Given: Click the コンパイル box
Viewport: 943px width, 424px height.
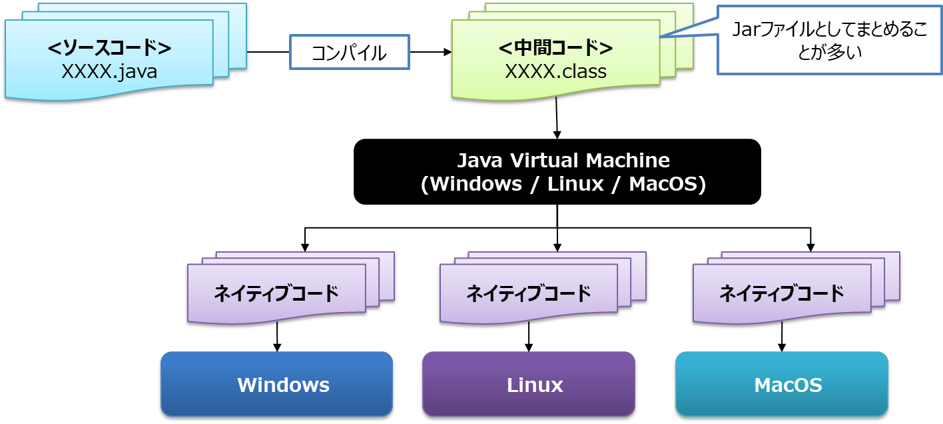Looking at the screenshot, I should (x=349, y=53).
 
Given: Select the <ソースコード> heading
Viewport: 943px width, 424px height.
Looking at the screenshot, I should (x=110, y=48).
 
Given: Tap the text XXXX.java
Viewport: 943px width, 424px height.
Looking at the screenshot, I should (x=109, y=71).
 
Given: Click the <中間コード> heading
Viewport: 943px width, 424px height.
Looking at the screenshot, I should (x=555, y=48).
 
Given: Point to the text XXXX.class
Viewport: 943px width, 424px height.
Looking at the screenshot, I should (x=555, y=71).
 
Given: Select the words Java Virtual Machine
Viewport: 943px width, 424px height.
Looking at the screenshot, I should (x=563, y=161).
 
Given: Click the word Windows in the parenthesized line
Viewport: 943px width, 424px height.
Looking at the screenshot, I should (x=476, y=184).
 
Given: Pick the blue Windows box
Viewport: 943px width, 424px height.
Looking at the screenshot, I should (x=276, y=385).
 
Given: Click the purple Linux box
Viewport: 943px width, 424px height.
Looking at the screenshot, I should (x=529, y=385).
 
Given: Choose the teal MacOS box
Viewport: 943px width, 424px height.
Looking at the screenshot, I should (x=781, y=385).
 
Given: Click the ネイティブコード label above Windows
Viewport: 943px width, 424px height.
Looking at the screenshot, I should (x=276, y=293).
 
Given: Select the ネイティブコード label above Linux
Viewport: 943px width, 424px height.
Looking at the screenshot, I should (x=528, y=293).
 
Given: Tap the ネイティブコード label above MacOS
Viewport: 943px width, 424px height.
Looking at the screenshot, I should (x=781, y=293).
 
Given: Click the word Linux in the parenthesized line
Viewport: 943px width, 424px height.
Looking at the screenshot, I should (x=575, y=184).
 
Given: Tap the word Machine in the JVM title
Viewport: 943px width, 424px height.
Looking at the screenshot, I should (x=628, y=161).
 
